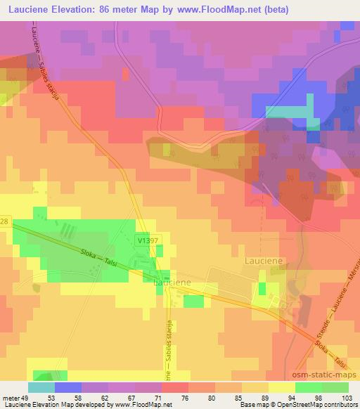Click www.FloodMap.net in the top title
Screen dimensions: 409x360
[218, 9]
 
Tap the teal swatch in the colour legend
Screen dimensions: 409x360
[41, 387]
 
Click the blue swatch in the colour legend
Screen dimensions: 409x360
[68, 387]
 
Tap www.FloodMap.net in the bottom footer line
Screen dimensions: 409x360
[142, 405]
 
